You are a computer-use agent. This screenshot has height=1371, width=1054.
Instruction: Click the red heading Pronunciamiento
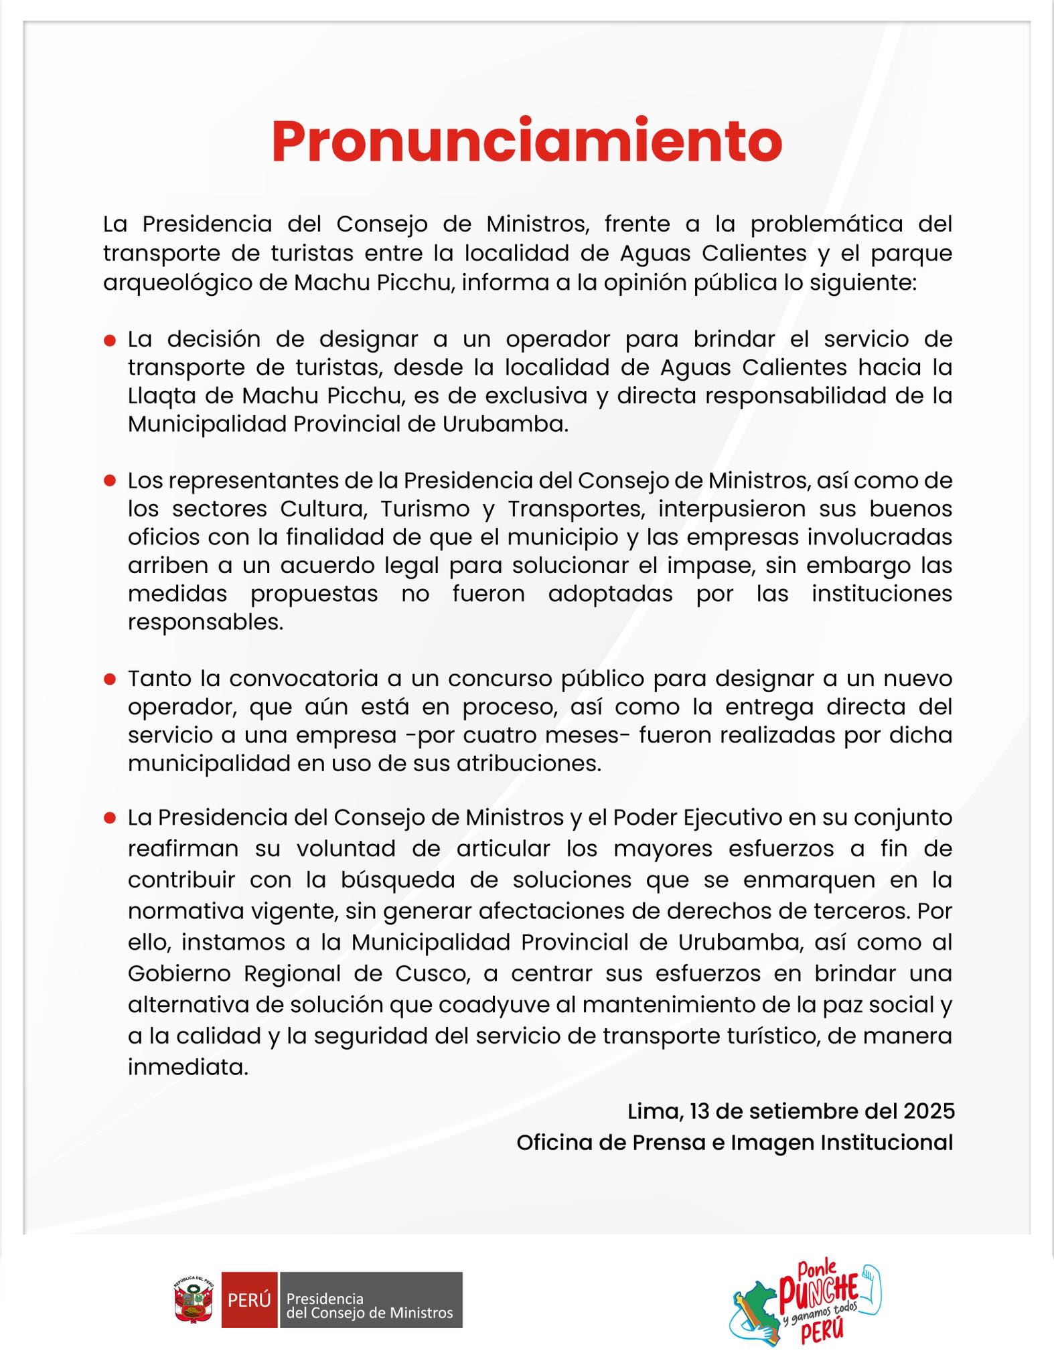(526, 141)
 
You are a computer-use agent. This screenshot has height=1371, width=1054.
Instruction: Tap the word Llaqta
(159, 396)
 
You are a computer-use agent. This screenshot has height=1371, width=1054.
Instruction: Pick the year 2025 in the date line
(928, 1112)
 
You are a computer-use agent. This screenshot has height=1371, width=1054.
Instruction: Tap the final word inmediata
(188, 1067)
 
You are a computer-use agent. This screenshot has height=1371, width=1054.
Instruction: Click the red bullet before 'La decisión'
(110, 341)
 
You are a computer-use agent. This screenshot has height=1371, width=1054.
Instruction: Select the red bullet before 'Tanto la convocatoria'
(110, 680)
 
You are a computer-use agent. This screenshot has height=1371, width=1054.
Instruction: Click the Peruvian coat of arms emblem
(194, 1301)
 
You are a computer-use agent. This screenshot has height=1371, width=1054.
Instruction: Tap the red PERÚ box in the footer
(249, 1300)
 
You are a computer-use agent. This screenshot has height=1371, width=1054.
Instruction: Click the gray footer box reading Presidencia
(370, 1300)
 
